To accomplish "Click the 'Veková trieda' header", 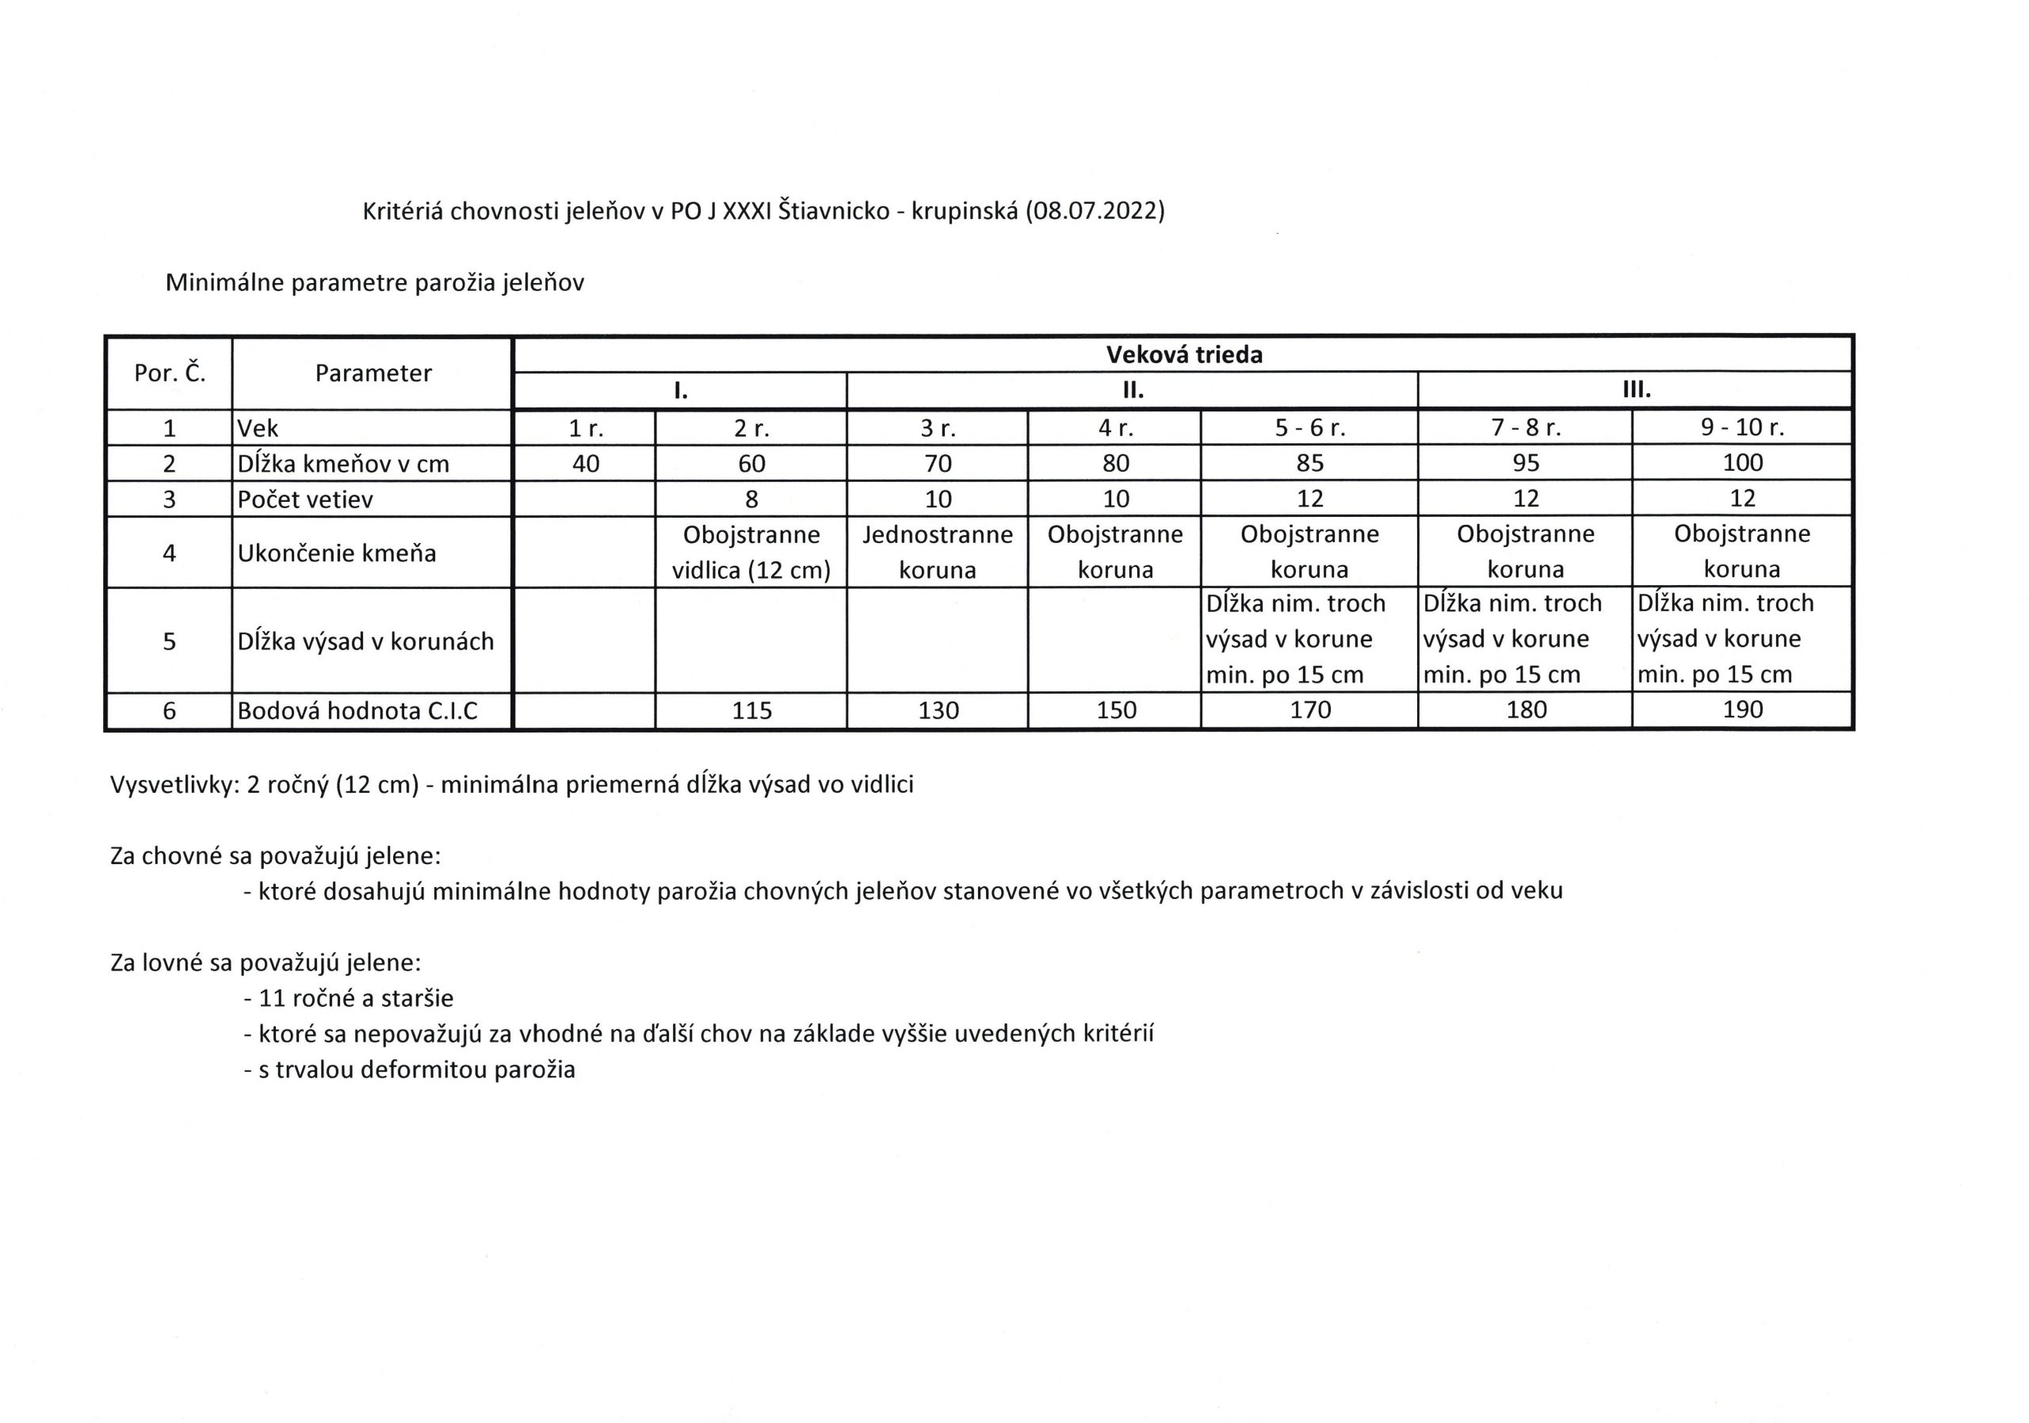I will tap(1184, 355).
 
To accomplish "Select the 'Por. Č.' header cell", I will tap(170, 373).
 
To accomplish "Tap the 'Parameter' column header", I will tap(373, 373).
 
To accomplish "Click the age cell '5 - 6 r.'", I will tap(1309, 428).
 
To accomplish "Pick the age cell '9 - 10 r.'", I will tap(1742, 428).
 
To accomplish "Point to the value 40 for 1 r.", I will tap(585, 463).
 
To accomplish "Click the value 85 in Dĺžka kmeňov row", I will tap(1309, 463).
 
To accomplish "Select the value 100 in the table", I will tap(1742, 463).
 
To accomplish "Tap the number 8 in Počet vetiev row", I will tap(751, 499).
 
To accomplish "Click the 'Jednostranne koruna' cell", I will tap(938, 553).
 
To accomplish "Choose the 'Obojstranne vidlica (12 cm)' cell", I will tap(751, 553).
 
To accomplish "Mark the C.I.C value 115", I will tap(751, 710).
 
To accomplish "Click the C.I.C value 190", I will tap(1742, 710).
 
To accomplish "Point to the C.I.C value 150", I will tap(1115, 710).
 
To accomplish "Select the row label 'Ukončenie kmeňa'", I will tap(337, 553).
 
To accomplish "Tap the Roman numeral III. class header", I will tap(1636, 391).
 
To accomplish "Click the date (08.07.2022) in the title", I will tap(1095, 211).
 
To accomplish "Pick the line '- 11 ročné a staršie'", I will tap(349, 999).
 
